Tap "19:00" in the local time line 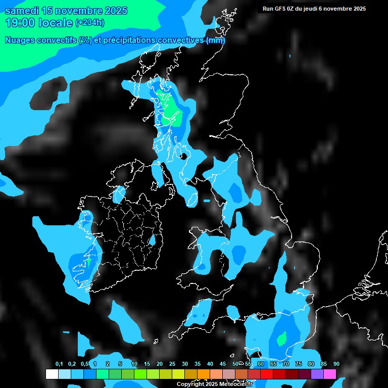21,23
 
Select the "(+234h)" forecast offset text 90,23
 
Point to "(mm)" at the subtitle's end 216,40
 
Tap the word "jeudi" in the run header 317,9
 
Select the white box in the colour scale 52,374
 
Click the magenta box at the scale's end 329,374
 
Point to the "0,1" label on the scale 59,364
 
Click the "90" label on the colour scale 336,364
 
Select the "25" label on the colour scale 172,364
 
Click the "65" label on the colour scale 273,364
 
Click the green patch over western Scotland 170,110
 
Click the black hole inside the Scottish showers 184,156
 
